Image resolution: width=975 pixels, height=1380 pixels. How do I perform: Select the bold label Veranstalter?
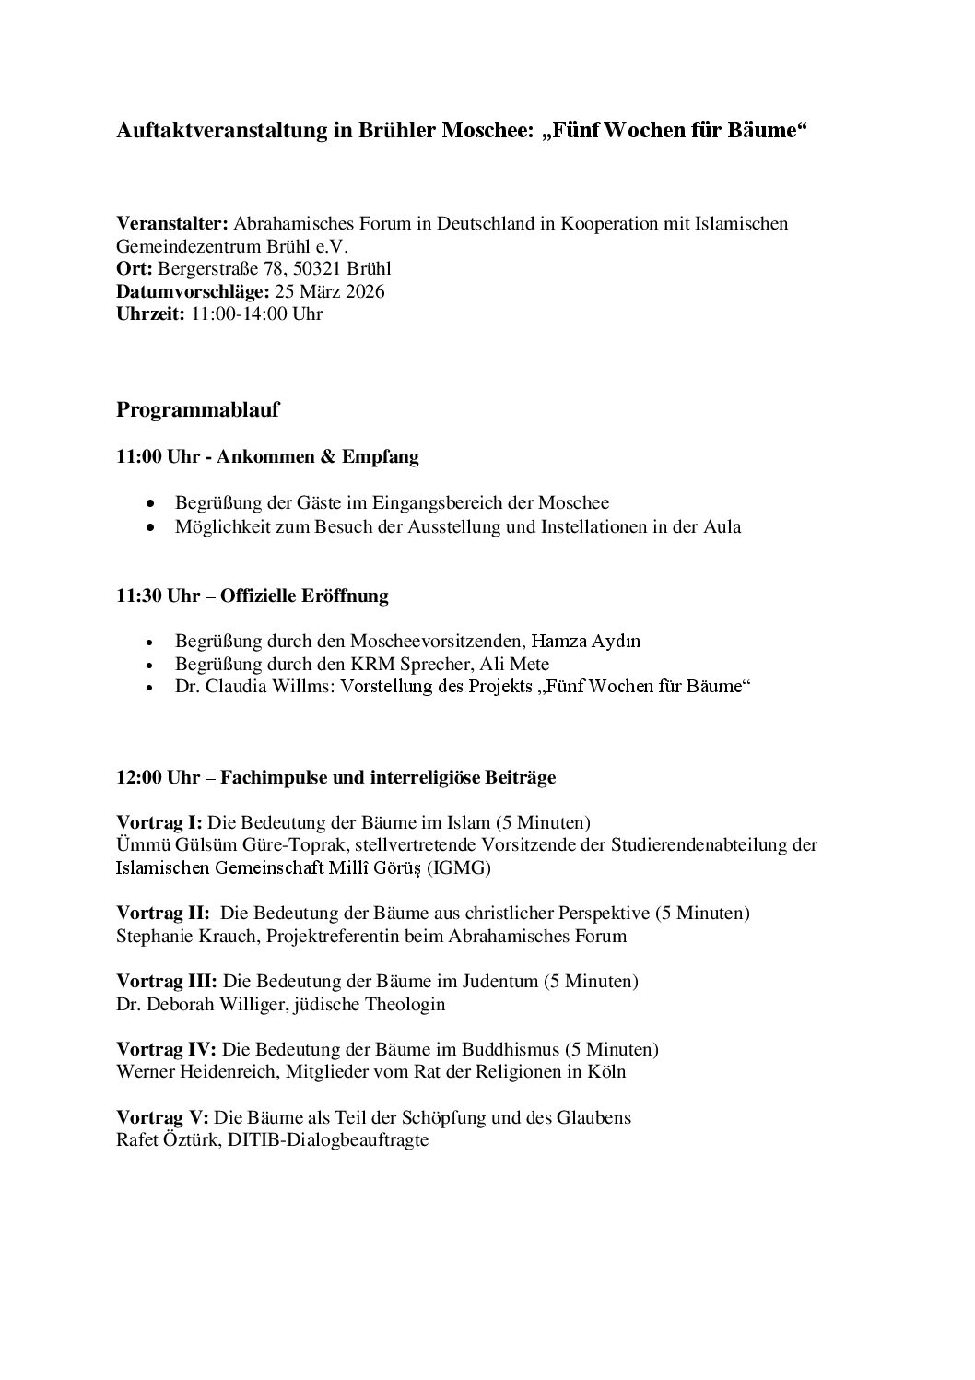(172, 224)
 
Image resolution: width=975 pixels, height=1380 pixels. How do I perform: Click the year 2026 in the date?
(365, 291)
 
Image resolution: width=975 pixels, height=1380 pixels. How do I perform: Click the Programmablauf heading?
(197, 410)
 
